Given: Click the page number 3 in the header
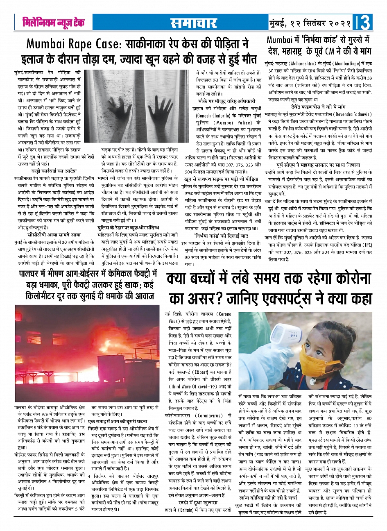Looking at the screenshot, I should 365,23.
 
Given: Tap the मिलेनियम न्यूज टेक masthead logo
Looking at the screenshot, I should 54,23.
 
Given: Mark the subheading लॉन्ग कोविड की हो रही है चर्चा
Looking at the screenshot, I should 271,498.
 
